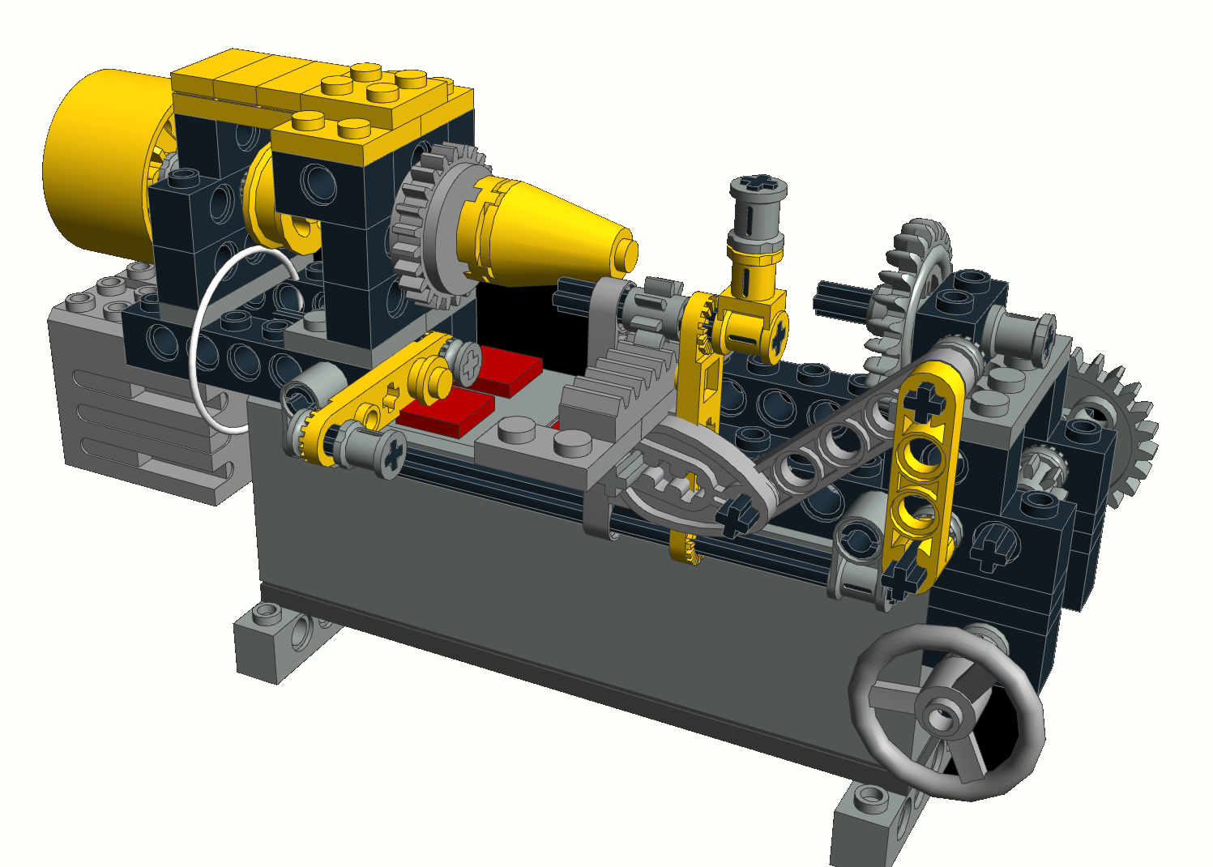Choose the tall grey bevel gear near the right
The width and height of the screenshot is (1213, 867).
(912, 300)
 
